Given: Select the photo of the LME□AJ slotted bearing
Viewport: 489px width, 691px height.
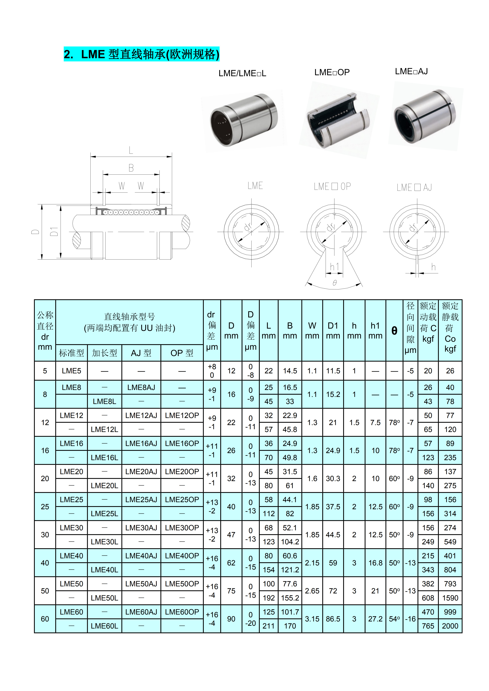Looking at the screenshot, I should click(x=425, y=117).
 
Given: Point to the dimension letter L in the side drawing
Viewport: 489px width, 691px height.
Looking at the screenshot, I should click(x=131, y=150).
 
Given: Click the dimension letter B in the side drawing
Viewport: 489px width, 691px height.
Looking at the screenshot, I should click(x=131, y=168).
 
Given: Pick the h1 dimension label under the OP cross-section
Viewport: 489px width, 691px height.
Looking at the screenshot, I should click(x=334, y=267).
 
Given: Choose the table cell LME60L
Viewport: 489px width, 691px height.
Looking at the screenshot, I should click(x=105, y=626).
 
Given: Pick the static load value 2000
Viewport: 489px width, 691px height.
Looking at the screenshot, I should click(x=450, y=626).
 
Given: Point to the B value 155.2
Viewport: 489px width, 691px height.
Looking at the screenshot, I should click(x=290, y=598).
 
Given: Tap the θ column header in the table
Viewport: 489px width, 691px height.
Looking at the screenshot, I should click(x=394, y=330).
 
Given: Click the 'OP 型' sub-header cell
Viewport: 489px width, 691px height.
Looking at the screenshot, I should click(x=182, y=353).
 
